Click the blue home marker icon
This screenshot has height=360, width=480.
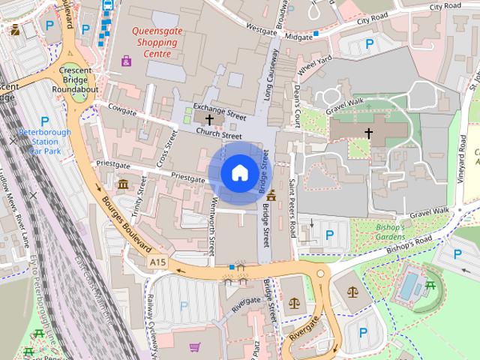[238, 173]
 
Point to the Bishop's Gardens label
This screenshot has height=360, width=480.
[390, 232]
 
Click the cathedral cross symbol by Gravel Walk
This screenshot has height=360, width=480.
[368, 133]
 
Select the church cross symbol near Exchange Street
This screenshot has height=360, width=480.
[208, 119]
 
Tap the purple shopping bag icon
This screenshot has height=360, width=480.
[125, 61]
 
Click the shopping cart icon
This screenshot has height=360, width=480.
[195, 347]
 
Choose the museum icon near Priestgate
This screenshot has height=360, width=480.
[123, 184]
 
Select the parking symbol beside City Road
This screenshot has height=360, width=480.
[368, 44]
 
